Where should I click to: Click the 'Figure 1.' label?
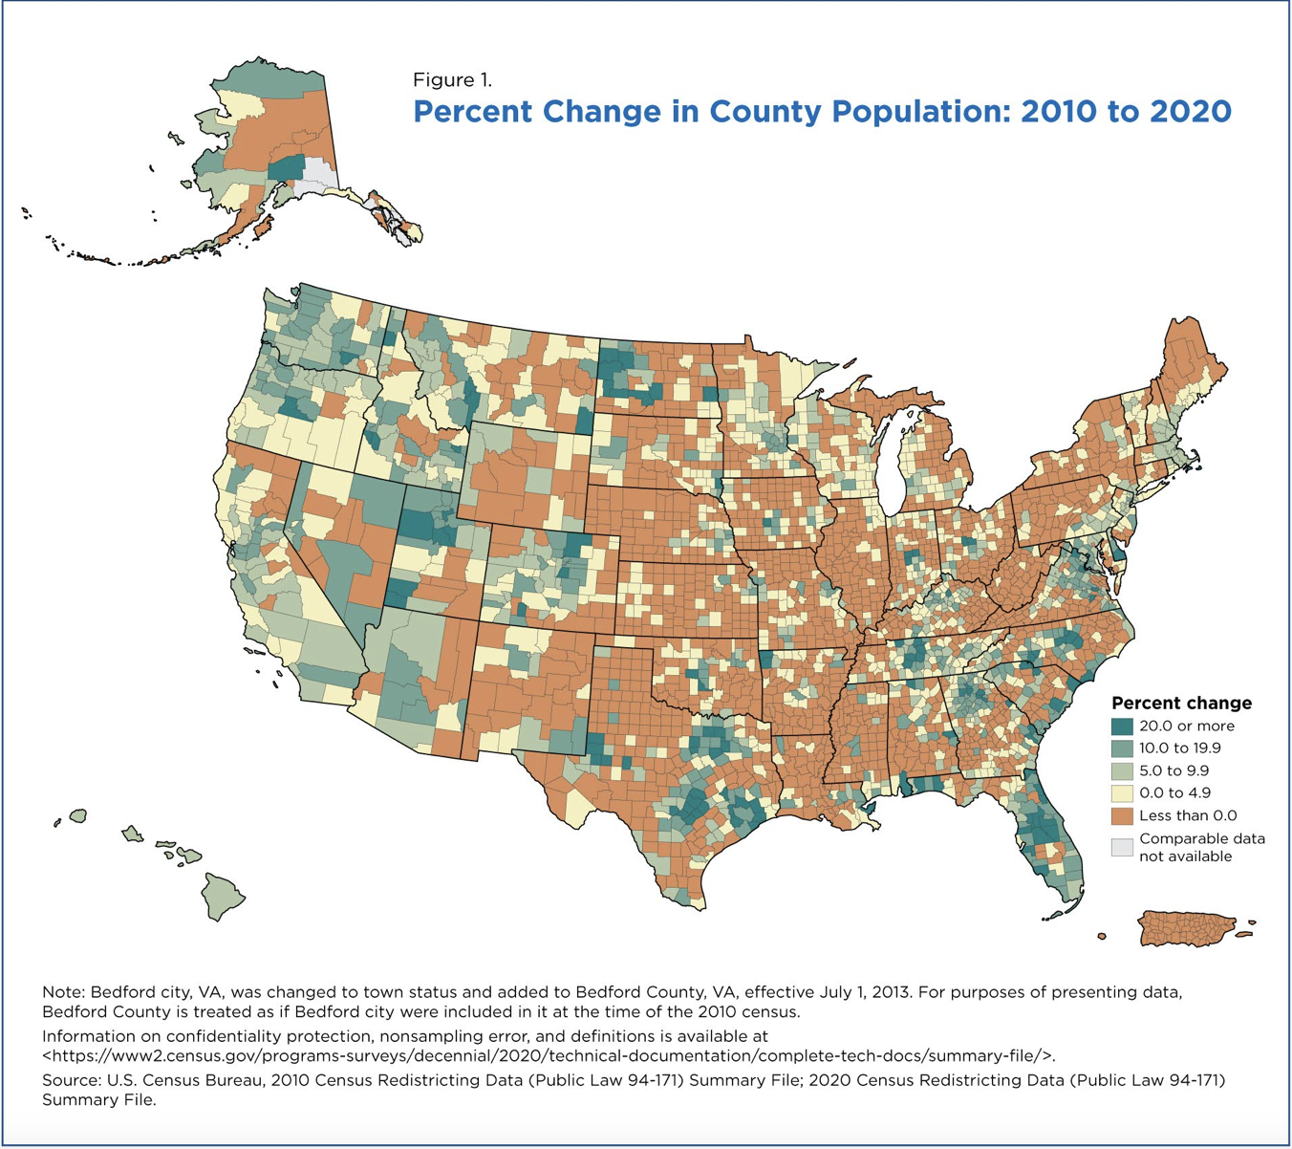click(452, 79)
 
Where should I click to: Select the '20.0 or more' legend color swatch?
click(1122, 726)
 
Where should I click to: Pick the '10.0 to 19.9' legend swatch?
click(1122, 748)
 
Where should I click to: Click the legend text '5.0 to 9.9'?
click(1174, 770)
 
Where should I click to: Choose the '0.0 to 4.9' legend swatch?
click(1122, 793)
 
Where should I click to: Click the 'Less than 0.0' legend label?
click(1188, 815)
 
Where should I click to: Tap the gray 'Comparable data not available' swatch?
click(1122, 847)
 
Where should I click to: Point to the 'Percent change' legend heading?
click(1182, 703)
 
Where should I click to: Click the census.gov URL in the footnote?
click(548, 1055)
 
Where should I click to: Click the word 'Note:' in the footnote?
click(64, 992)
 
